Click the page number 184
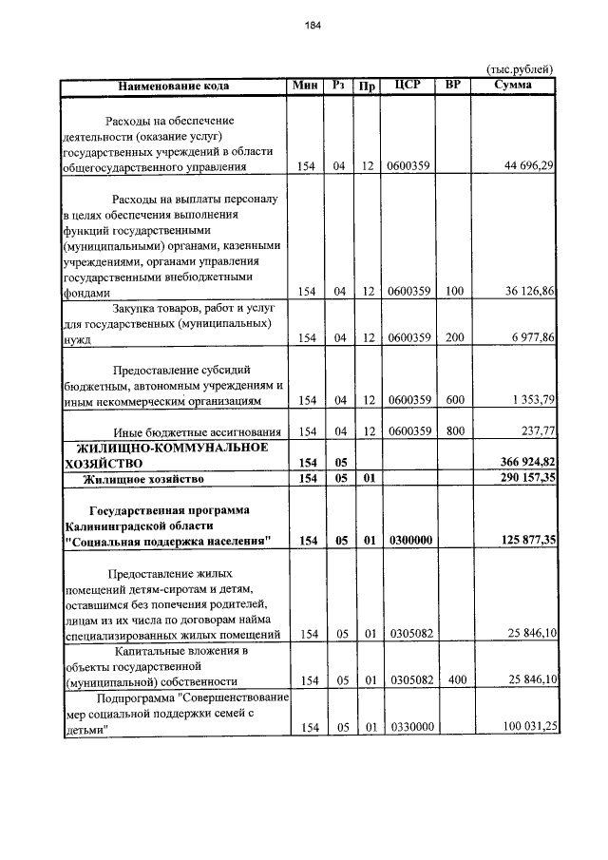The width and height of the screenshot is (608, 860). point(313,26)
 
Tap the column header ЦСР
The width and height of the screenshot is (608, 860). point(408,86)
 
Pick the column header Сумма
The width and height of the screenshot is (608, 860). point(513,86)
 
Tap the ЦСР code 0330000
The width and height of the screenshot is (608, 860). point(410,727)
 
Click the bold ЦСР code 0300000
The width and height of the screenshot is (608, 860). point(410,541)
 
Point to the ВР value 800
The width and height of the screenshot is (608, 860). point(455,430)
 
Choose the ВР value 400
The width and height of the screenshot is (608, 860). point(455,680)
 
